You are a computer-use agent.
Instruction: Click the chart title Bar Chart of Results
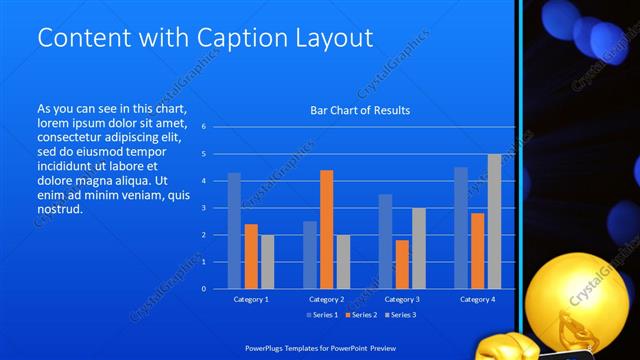coord(359,110)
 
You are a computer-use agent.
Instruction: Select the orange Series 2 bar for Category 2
coord(326,229)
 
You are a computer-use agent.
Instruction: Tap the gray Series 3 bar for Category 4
coord(494,221)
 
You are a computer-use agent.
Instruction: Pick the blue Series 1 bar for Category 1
coord(234,230)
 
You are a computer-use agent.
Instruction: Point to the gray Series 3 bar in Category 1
coord(267,261)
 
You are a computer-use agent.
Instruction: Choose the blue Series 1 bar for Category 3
coord(385,241)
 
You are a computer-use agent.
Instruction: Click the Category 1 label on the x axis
coord(250,299)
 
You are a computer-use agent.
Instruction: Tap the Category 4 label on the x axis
coord(477,299)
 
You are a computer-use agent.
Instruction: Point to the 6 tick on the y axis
coord(203,127)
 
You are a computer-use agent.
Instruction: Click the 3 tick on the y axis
coord(203,208)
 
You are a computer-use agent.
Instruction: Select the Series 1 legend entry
coord(324,316)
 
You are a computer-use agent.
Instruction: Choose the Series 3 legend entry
coord(402,316)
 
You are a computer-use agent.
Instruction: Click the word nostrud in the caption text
coord(59,210)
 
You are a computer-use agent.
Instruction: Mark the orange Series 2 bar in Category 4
coord(477,250)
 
